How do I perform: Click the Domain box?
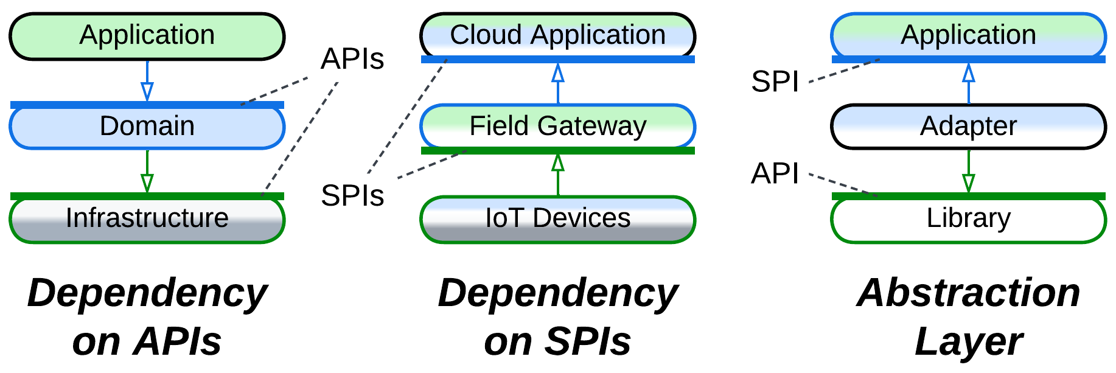(147, 127)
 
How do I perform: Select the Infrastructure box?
(147, 218)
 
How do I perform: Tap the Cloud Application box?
(557, 35)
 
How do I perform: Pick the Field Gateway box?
(557, 127)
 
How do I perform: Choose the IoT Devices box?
(557, 218)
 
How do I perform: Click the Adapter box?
(968, 127)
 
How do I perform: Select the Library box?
(968, 218)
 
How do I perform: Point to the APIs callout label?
(352, 60)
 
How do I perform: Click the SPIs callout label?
(352, 196)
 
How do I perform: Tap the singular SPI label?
(775, 82)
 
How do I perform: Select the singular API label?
(775, 174)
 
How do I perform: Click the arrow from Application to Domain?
(147, 81)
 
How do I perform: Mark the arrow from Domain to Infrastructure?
(147, 172)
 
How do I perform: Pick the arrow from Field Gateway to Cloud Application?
(558, 83)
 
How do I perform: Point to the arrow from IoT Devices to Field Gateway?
(558, 175)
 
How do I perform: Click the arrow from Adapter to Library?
(969, 172)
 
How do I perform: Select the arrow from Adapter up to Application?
(969, 83)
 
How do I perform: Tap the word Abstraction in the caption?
(968, 293)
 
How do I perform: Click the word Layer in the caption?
(968, 342)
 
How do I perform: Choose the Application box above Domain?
(147, 35)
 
